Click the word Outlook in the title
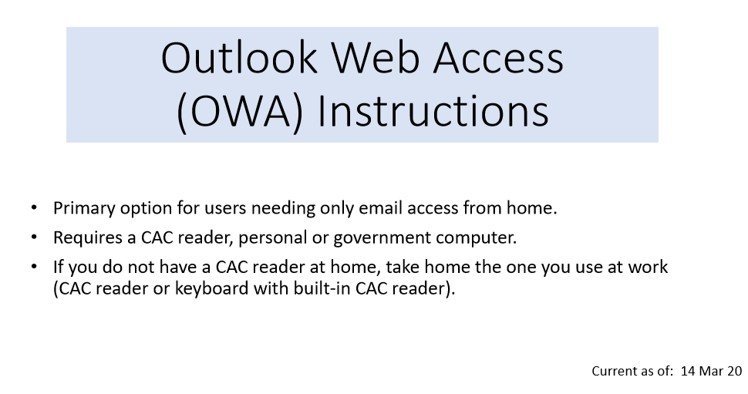239,58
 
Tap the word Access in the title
498,58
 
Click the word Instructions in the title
433,111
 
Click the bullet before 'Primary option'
34,208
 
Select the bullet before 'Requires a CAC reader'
34,237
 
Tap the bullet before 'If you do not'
34,267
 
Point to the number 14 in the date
689,371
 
